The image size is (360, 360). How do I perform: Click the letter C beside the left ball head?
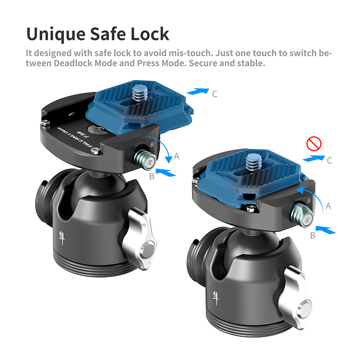coord(215,94)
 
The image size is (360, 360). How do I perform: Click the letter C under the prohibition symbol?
coord(330,160)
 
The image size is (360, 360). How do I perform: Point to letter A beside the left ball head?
coord(177,156)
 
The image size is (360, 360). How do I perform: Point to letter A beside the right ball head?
coord(328,206)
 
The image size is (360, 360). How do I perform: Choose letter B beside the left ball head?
coord(152,176)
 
